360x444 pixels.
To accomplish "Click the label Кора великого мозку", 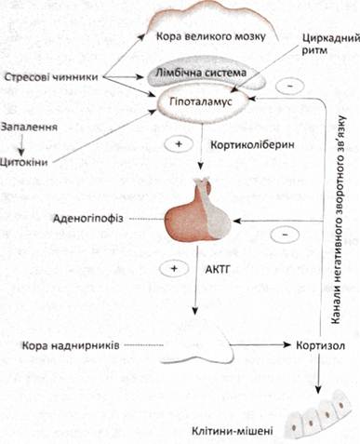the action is (x=211, y=36).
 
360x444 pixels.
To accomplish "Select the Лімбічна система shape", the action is (x=206, y=74).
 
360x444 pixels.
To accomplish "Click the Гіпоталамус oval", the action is (x=203, y=102).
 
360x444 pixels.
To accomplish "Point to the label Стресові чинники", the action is (x=51, y=77).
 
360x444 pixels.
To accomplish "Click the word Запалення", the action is (x=29, y=127).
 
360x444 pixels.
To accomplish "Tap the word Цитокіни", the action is (x=24, y=162).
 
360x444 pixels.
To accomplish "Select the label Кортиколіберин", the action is (x=252, y=145).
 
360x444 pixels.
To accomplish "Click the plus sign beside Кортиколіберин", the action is (x=179, y=144).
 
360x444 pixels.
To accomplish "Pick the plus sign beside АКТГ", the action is (x=174, y=268).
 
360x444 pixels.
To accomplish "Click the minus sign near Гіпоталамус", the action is (x=290, y=85).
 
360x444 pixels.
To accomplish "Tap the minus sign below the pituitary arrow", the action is (x=285, y=235).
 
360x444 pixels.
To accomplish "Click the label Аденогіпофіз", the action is (x=88, y=219).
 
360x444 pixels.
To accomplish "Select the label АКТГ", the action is (x=218, y=269).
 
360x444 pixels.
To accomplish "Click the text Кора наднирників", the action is (x=70, y=345).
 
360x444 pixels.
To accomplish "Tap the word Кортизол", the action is (x=320, y=345).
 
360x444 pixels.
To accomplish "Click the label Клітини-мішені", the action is (x=233, y=431).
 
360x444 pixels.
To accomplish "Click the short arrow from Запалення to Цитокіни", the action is (x=21, y=145).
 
